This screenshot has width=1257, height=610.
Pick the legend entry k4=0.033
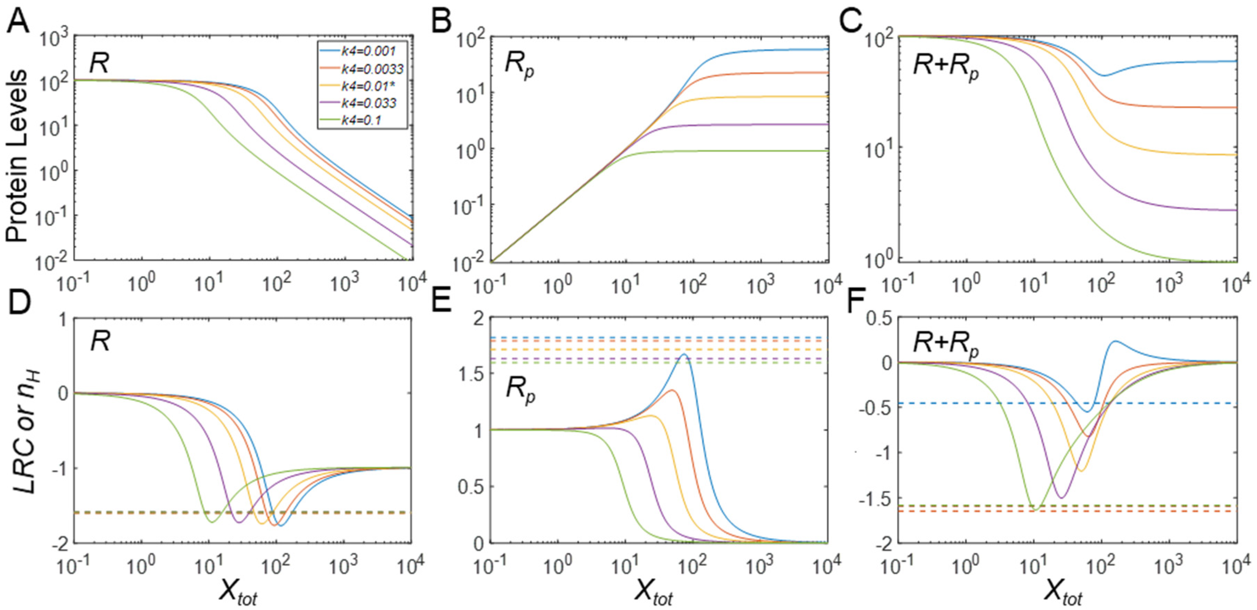[x=361, y=103]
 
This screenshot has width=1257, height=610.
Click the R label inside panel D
[x=100, y=342]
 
